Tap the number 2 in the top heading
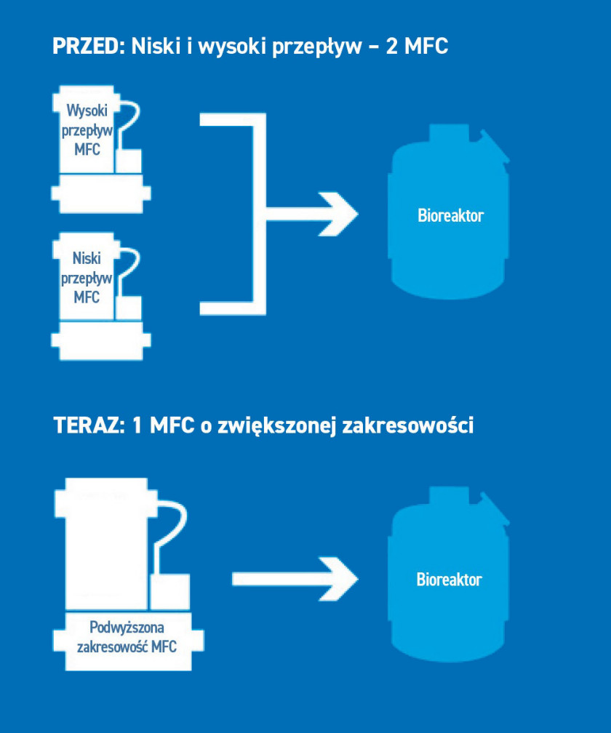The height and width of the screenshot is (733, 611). click(x=392, y=46)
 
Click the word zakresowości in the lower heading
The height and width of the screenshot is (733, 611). click(x=407, y=425)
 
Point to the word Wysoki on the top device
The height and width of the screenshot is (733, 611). click(x=87, y=111)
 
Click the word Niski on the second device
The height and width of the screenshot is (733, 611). click(x=87, y=257)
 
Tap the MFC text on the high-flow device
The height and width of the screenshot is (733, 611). click(x=87, y=149)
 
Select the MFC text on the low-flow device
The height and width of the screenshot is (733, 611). click(x=87, y=297)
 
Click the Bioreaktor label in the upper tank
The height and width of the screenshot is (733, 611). click(x=450, y=215)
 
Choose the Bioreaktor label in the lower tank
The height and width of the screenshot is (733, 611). click(x=449, y=579)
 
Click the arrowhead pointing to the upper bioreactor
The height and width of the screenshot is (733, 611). click(x=338, y=214)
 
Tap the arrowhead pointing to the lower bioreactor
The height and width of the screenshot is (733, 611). click(x=338, y=579)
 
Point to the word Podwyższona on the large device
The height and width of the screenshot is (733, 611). click(x=127, y=627)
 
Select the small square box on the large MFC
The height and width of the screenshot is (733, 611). click(x=169, y=591)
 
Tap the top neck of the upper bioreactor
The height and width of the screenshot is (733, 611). click(x=449, y=133)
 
